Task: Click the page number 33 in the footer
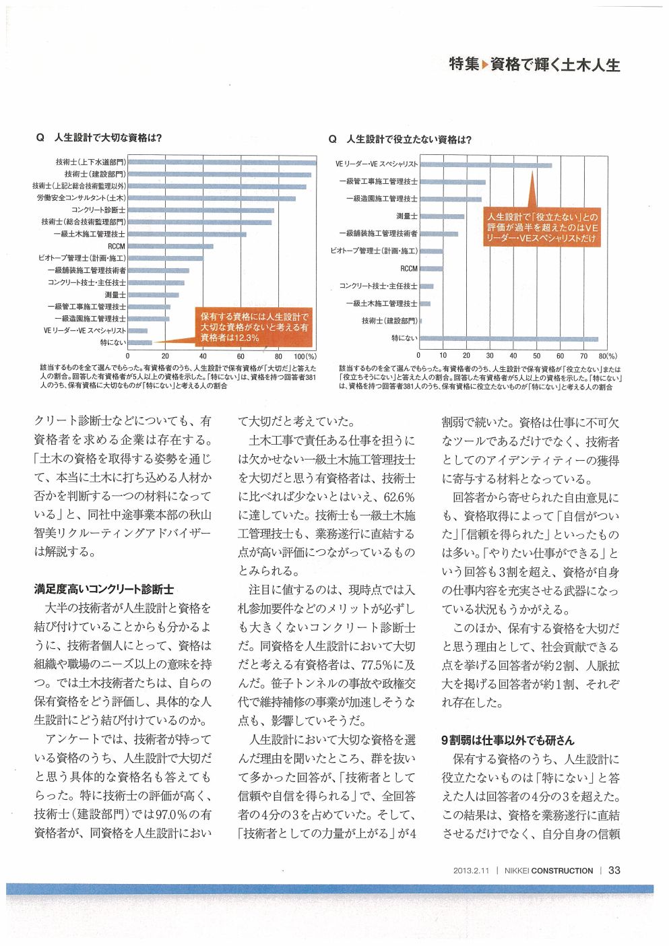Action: pyautogui.click(x=614, y=870)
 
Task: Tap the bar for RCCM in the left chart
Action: pyautogui.click(x=170, y=246)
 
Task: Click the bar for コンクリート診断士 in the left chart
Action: pyautogui.click(x=201, y=210)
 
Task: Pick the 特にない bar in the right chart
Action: pyautogui.click(x=509, y=339)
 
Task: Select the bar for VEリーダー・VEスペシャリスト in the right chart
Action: pyautogui.click(x=486, y=165)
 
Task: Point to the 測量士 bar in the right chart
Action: pyautogui.click(x=442, y=216)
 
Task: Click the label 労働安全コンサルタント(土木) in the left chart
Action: pyautogui.click(x=81, y=198)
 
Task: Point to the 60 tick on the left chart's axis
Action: pyautogui.click(x=241, y=356)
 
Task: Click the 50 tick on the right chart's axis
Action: pyautogui.click(x=536, y=356)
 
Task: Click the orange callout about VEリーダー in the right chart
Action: pyautogui.click(x=542, y=228)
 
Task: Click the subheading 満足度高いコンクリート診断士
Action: pyautogui.click(x=104, y=588)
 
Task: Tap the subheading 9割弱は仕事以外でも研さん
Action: pyautogui.click(x=507, y=739)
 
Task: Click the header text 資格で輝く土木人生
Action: pyautogui.click(x=554, y=65)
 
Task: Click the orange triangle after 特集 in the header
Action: pyautogui.click(x=484, y=65)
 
